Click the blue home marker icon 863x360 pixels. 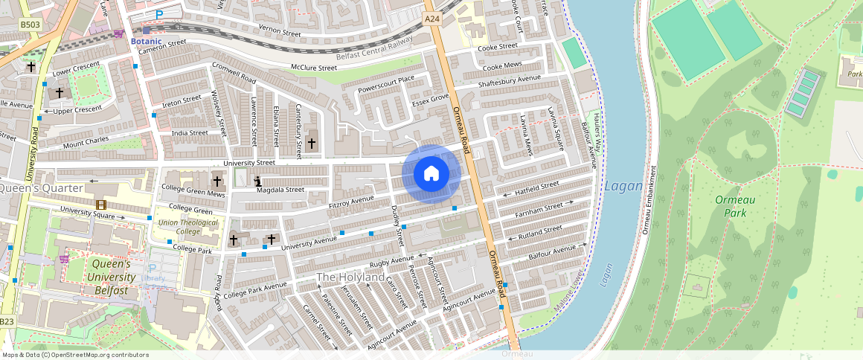[431, 174]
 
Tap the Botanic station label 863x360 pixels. [146, 41]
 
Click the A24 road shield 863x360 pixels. [432, 18]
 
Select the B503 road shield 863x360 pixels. [30, 25]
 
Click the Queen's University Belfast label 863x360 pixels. [111, 277]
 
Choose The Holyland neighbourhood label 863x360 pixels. [351, 277]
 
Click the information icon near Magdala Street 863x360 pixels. [258, 180]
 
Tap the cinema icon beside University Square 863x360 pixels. [100, 205]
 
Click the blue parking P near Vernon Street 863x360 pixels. [159, 14]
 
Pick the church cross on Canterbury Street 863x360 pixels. [312, 143]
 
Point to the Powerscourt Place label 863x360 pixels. [386, 84]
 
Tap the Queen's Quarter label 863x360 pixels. [41, 188]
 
